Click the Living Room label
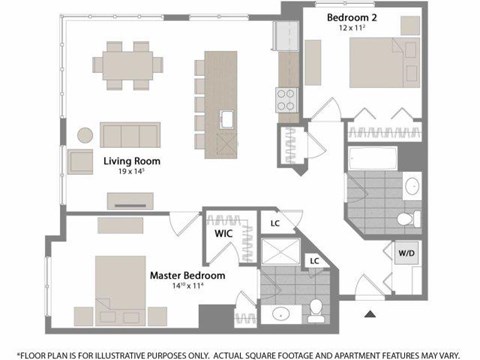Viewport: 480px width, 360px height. (x=132, y=160)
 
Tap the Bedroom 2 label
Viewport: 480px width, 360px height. (x=353, y=16)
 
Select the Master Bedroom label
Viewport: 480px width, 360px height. (x=187, y=275)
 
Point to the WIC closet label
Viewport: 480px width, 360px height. (x=222, y=231)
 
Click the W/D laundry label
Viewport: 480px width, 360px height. (x=408, y=254)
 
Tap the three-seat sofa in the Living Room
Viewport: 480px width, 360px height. (x=128, y=134)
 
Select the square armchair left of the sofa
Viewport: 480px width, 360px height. (x=79, y=160)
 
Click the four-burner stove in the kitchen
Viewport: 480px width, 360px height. (x=286, y=98)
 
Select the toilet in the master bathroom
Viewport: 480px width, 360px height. (x=315, y=307)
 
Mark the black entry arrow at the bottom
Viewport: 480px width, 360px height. (x=370, y=314)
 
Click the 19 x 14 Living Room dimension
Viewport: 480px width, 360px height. (x=132, y=172)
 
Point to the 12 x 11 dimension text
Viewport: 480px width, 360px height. (x=353, y=28)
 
